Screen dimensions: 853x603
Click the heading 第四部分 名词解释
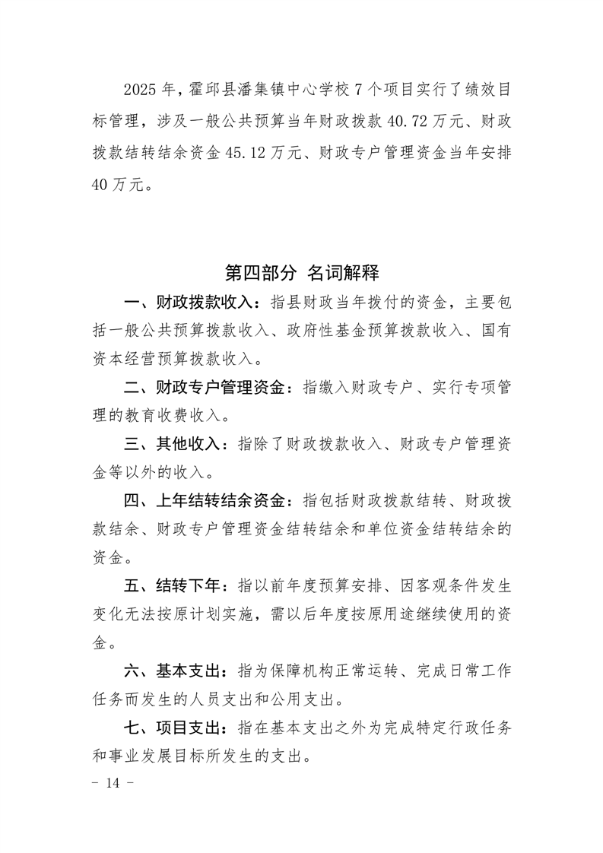click(302, 271)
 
